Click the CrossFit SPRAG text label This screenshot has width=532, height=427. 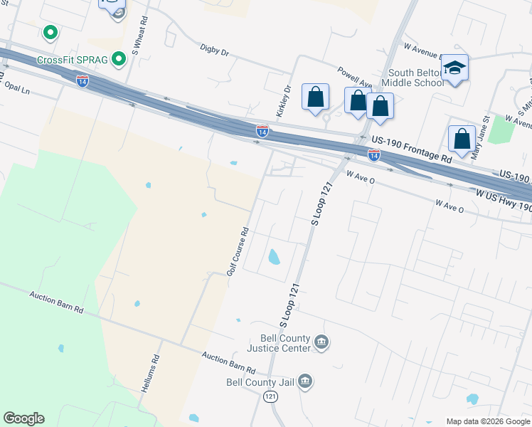click(72, 60)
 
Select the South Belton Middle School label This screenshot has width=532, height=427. click(416, 78)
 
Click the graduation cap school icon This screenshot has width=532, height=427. click(454, 68)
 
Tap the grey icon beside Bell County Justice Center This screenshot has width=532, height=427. click(321, 343)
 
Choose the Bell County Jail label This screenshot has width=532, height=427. click(260, 382)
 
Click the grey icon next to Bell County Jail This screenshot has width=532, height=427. click(305, 382)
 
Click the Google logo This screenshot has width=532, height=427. click(23, 418)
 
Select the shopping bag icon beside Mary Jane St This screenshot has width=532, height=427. click(462, 139)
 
